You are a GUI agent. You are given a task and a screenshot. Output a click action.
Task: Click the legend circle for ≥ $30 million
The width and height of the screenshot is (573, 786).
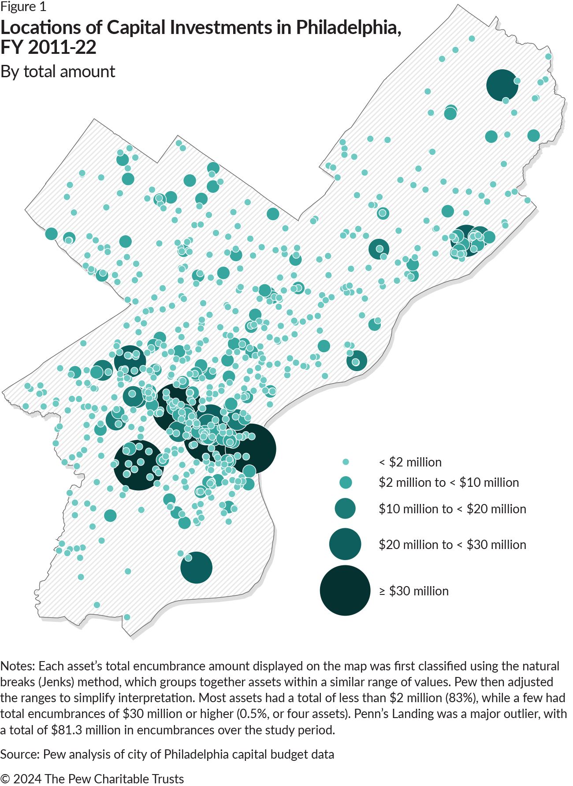click(x=345, y=590)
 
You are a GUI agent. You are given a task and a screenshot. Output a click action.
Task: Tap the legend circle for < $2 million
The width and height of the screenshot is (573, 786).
click(x=346, y=462)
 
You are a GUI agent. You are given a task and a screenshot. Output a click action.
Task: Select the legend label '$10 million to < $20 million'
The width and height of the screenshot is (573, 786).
click(x=452, y=509)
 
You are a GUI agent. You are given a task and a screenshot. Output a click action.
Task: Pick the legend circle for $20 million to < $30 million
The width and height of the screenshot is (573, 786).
click(x=345, y=544)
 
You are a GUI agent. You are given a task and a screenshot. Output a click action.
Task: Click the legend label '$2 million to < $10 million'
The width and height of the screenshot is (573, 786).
click(x=449, y=482)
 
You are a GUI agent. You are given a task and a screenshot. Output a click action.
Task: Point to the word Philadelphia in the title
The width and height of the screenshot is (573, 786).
click(x=348, y=27)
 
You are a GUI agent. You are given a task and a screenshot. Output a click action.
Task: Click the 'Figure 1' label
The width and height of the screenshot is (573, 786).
click(x=23, y=7)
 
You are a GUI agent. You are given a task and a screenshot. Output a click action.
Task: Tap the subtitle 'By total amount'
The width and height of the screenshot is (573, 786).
click(x=58, y=71)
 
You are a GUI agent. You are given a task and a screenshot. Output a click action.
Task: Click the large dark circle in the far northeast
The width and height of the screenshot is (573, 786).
click(x=502, y=85)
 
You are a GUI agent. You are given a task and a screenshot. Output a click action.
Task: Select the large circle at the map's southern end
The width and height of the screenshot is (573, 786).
click(x=197, y=568)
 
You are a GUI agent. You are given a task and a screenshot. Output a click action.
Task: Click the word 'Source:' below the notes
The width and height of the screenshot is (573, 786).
click(x=20, y=754)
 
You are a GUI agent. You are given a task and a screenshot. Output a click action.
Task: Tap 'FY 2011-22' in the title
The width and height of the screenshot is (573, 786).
click(x=48, y=48)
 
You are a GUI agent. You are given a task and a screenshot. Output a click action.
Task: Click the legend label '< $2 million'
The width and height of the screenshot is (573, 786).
click(x=410, y=462)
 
